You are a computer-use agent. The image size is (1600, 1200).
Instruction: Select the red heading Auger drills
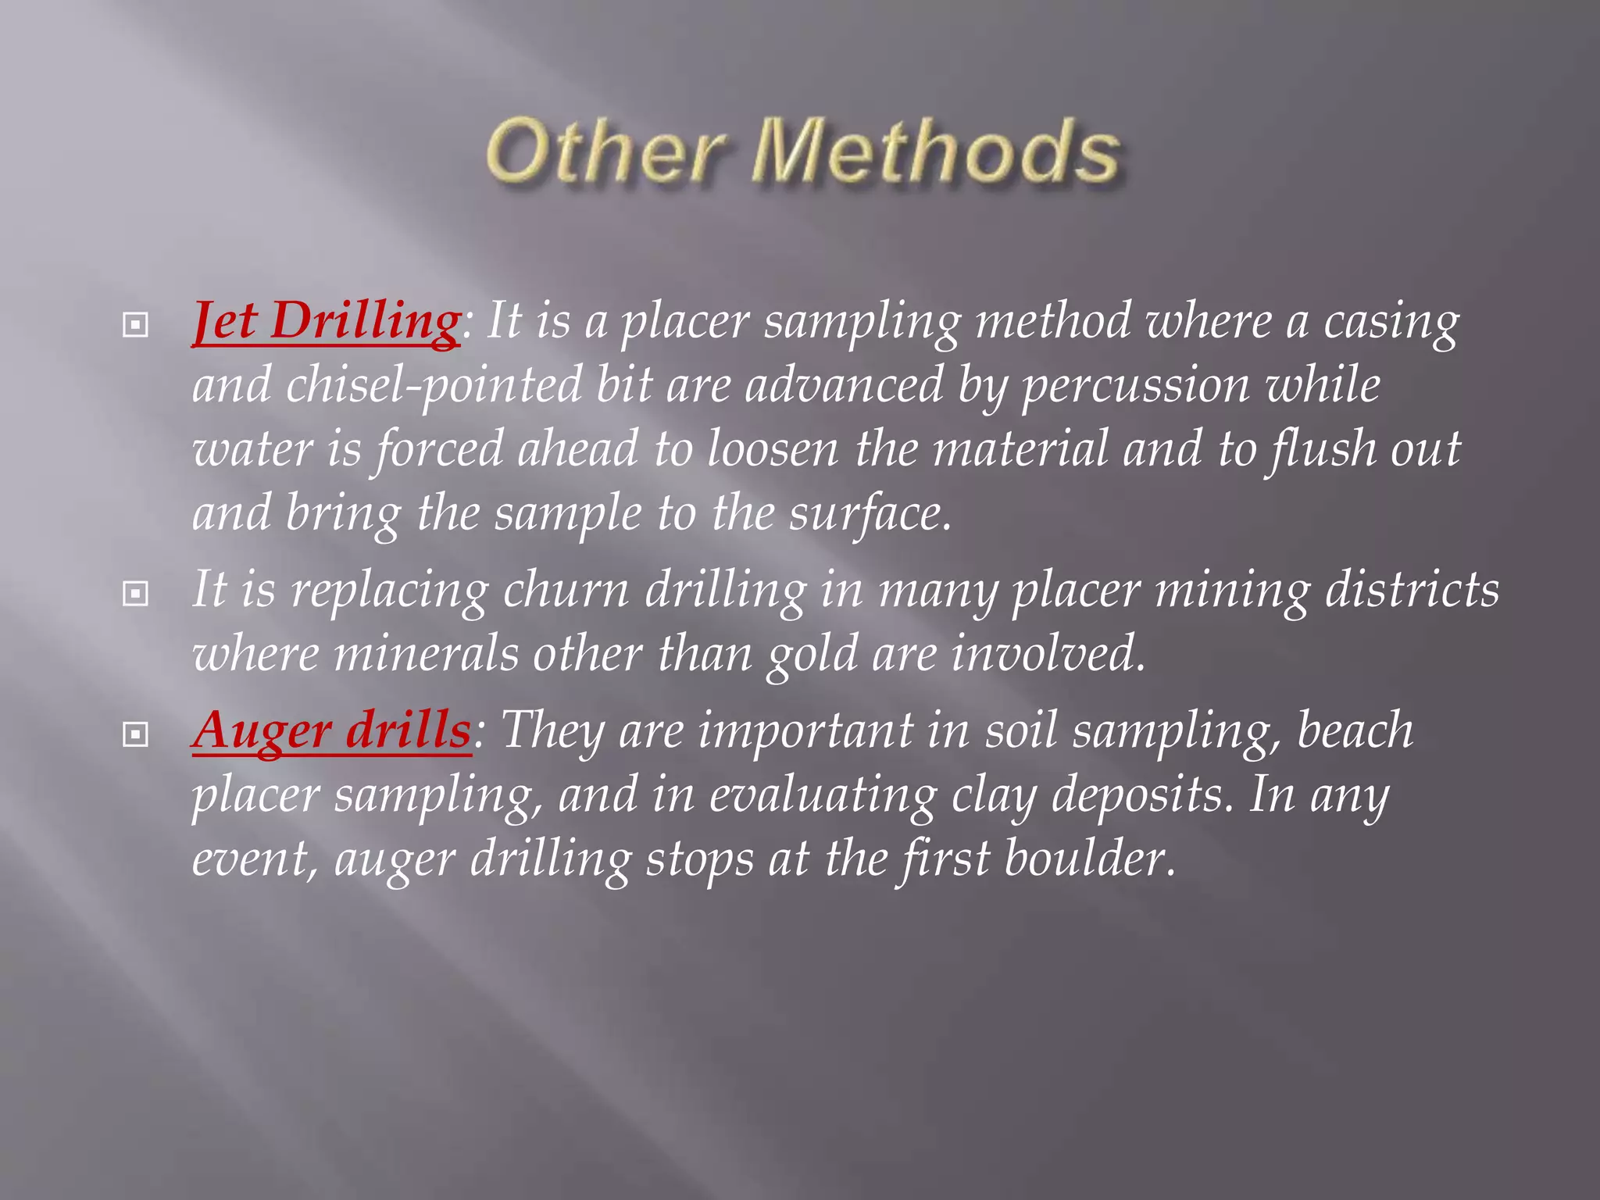[331, 730]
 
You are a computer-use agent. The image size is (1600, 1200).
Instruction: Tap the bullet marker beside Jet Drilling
[135, 324]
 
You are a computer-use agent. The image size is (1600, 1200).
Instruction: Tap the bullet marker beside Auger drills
[135, 734]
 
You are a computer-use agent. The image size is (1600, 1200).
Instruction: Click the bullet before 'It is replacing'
[135, 594]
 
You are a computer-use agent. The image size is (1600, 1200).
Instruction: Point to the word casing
[1391, 322]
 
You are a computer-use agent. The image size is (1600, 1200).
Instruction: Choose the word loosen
[772, 449]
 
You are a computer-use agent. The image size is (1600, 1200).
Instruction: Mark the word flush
[1321, 449]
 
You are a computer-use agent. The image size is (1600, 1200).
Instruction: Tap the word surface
[869, 514]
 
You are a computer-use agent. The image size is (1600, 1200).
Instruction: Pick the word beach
[1355, 730]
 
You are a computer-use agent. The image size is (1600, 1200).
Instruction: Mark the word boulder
[1089, 859]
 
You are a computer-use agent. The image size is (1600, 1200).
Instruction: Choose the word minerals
[426, 655]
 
